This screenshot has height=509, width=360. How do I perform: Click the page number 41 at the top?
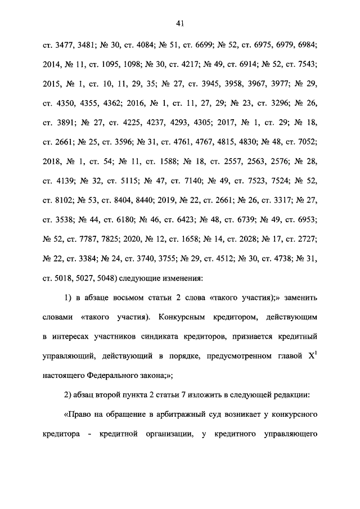[x=180, y=23]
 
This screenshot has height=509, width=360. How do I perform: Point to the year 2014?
[x=51, y=65]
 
